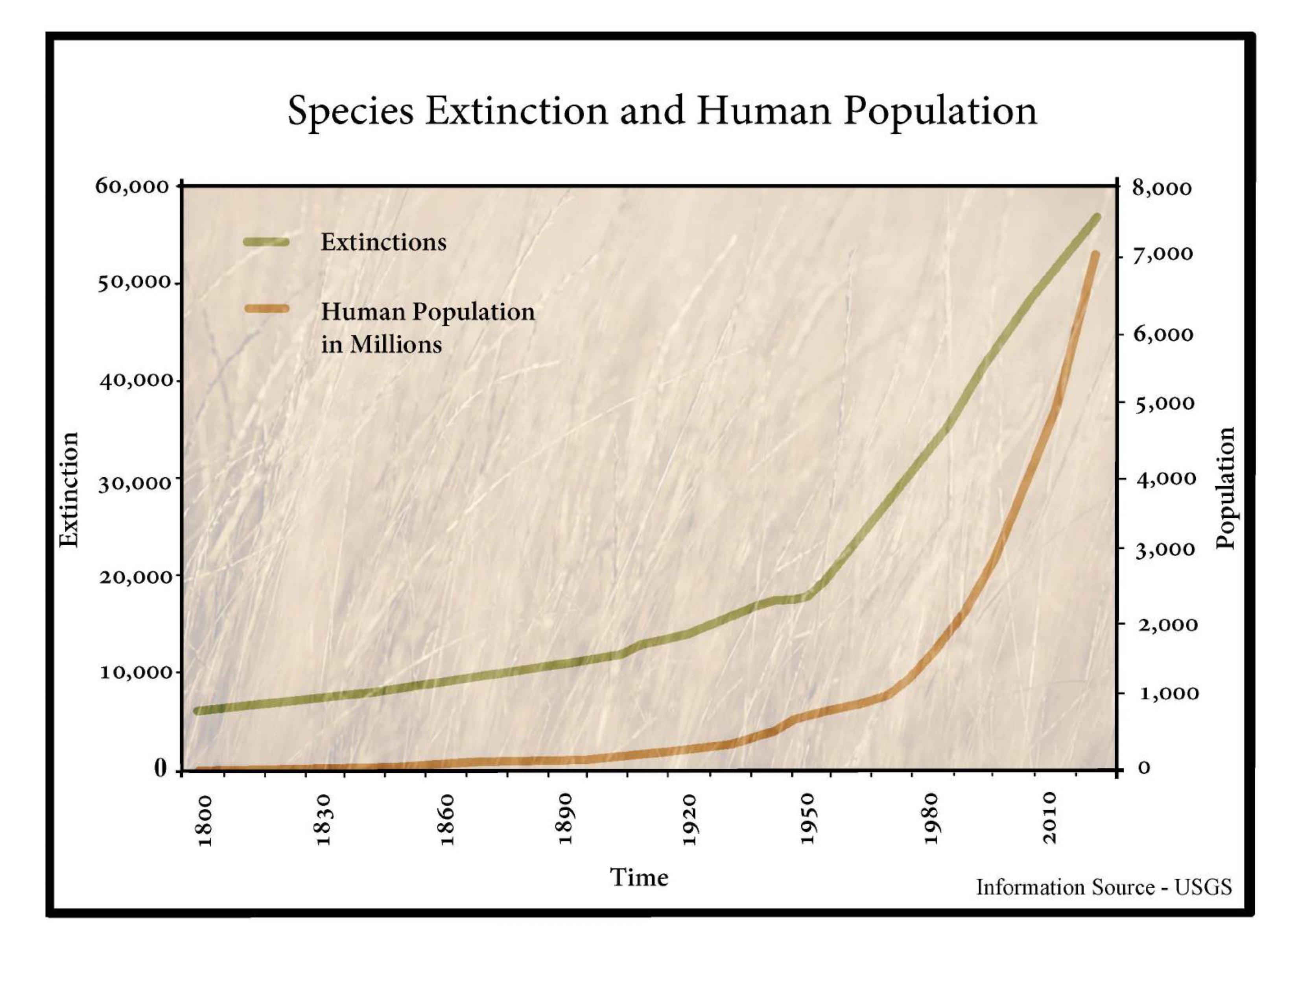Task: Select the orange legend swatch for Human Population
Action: (x=265, y=309)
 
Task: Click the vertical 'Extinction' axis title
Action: (x=70, y=489)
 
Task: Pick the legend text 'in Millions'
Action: (x=382, y=345)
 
